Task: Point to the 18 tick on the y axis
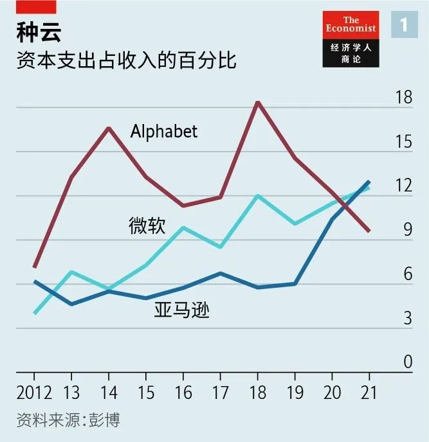(x=403, y=98)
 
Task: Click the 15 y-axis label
(x=403, y=142)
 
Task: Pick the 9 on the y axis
(x=407, y=230)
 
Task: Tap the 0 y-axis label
(x=407, y=362)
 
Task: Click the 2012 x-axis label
(x=35, y=393)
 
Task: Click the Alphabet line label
(x=164, y=132)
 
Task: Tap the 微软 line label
(x=147, y=225)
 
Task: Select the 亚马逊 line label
(x=182, y=311)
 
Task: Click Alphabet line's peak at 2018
(x=257, y=102)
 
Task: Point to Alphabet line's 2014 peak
(x=109, y=128)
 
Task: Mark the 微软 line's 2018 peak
(x=257, y=195)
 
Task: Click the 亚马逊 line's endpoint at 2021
(x=369, y=182)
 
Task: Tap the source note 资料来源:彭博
(x=68, y=421)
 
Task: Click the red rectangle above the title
(x=38, y=6)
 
